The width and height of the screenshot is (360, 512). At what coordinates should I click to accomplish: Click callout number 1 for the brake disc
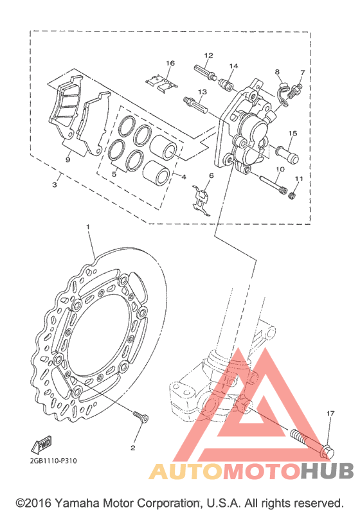click(x=87, y=226)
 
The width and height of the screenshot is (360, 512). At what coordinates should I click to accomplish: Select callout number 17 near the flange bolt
click(x=330, y=413)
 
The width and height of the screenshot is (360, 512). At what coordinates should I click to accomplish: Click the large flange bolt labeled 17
click(x=312, y=443)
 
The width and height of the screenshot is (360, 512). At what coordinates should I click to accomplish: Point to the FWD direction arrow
click(x=42, y=445)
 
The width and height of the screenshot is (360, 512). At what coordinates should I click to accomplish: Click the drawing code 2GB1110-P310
click(x=53, y=461)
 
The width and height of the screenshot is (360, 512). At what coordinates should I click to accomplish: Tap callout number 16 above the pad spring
click(x=170, y=63)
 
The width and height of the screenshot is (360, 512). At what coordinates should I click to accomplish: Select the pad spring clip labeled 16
click(x=161, y=83)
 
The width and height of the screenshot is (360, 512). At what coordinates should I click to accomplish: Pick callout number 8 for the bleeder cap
click(x=277, y=72)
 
